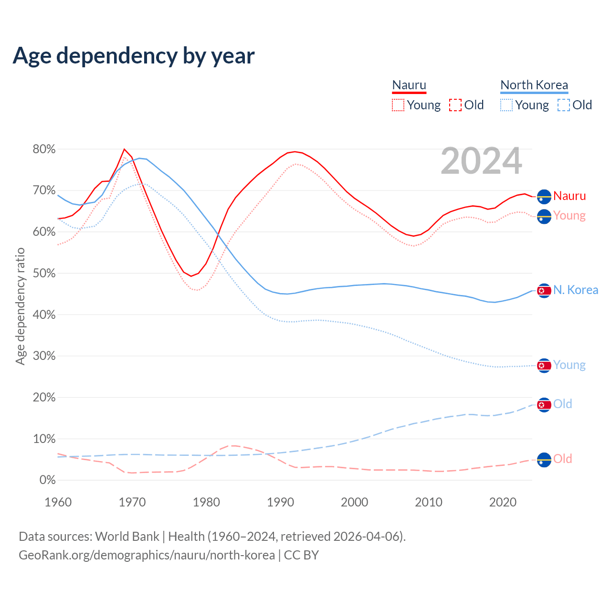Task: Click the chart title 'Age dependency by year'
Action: (134, 56)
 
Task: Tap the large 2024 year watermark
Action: (481, 161)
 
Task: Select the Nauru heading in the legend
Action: (409, 85)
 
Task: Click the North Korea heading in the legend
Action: (534, 85)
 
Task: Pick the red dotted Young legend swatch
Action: (398, 105)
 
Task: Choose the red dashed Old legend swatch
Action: (455, 105)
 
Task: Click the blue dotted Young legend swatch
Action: (506, 105)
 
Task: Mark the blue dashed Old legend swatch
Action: (564, 105)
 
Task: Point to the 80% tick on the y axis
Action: (44, 149)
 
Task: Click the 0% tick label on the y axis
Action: (47, 480)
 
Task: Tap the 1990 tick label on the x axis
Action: (280, 502)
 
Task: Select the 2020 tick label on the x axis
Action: (503, 502)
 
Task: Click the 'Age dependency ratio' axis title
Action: (20, 306)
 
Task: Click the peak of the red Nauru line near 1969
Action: (124, 149)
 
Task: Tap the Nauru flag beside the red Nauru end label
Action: (544, 196)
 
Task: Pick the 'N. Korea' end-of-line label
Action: (576, 290)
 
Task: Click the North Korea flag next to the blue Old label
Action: (544, 405)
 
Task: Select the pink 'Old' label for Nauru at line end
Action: (562, 459)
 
